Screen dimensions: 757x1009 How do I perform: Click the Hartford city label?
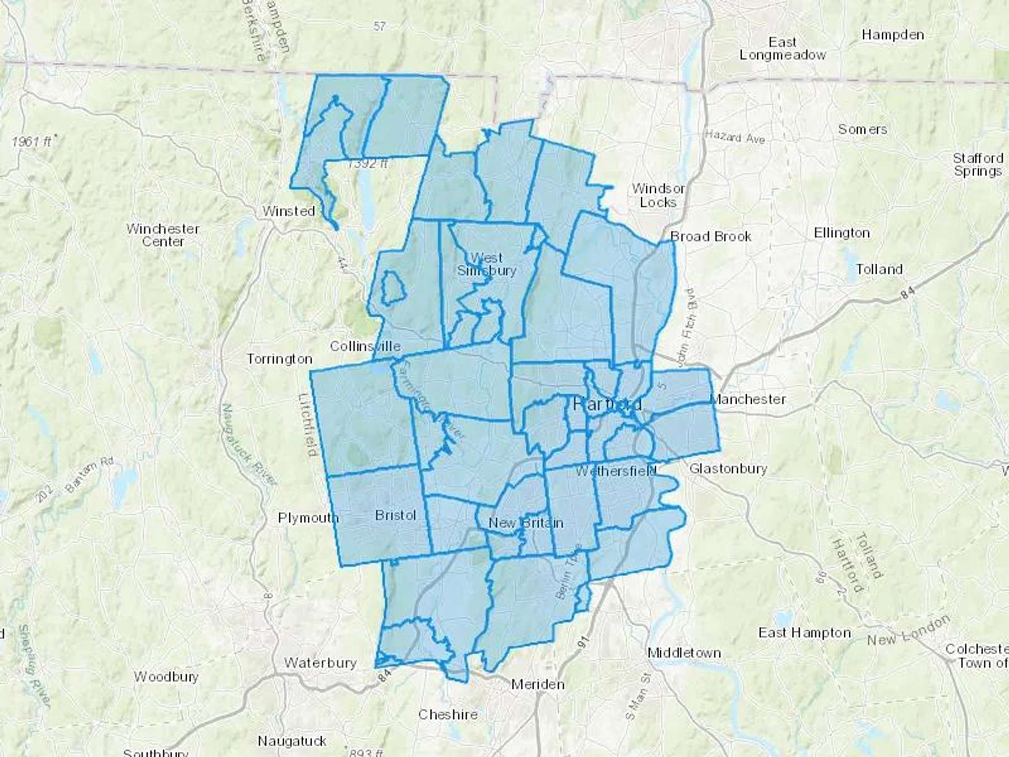click(607, 404)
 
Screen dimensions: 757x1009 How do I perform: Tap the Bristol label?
click(395, 515)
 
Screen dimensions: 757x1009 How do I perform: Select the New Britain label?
click(525, 523)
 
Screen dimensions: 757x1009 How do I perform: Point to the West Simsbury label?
click(486, 264)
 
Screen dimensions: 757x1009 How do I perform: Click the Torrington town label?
click(279, 359)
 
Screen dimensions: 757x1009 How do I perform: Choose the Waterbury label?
click(320, 663)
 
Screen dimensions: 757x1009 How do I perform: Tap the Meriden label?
click(538, 684)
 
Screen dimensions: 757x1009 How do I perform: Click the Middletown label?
click(684, 653)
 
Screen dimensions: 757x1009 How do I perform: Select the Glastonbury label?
click(728, 468)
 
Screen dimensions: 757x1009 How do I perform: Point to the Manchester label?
click(748, 399)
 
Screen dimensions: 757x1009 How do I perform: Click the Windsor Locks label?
click(658, 195)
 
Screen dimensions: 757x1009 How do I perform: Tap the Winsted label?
click(289, 211)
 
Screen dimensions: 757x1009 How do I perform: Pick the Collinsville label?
click(365, 346)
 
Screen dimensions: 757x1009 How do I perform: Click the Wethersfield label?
click(615, 471)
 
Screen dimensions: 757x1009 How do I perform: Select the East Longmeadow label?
click(783, 49)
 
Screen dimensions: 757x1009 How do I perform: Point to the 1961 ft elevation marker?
click(33, 141)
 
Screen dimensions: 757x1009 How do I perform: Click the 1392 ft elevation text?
click(367, 164)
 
